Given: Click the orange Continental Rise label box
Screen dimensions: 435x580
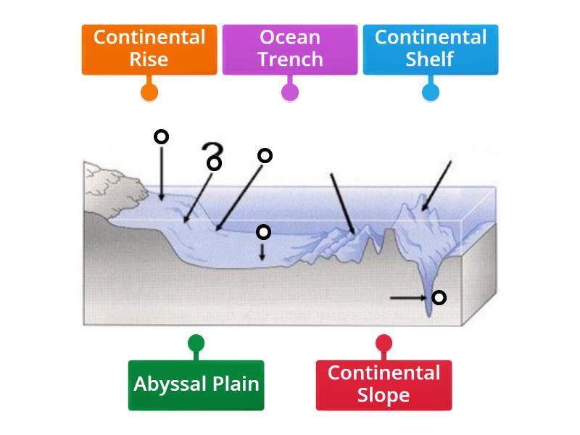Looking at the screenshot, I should (x=149, y=49).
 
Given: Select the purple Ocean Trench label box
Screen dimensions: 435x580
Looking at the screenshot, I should (x=290, y=49).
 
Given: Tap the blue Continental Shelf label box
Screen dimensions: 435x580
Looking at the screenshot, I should (x=431, y=49).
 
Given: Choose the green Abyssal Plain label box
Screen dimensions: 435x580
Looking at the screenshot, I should (x=196, y=384).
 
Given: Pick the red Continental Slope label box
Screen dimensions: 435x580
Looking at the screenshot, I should (x=384, y=384).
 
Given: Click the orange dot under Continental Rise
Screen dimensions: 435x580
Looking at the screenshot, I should (x=149, y=92).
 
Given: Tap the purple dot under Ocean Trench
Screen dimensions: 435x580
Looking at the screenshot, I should (x=290, y=92).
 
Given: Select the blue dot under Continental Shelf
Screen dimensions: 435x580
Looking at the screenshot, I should (x=431, y=92).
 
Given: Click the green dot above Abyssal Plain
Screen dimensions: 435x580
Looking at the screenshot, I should (x=196, y=343).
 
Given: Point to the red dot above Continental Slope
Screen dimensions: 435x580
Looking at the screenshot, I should (x=384, y=343).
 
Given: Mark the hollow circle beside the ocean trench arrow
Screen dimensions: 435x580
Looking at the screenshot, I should (x=439, y=297).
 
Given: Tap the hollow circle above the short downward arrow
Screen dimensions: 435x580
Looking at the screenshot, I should (x=264, y=232).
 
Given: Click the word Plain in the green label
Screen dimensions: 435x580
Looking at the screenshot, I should (x=234, y=384).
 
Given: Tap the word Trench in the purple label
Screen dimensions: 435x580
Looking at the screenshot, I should (x=290, y=59).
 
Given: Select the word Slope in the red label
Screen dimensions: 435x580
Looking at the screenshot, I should (x=384, y=396).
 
